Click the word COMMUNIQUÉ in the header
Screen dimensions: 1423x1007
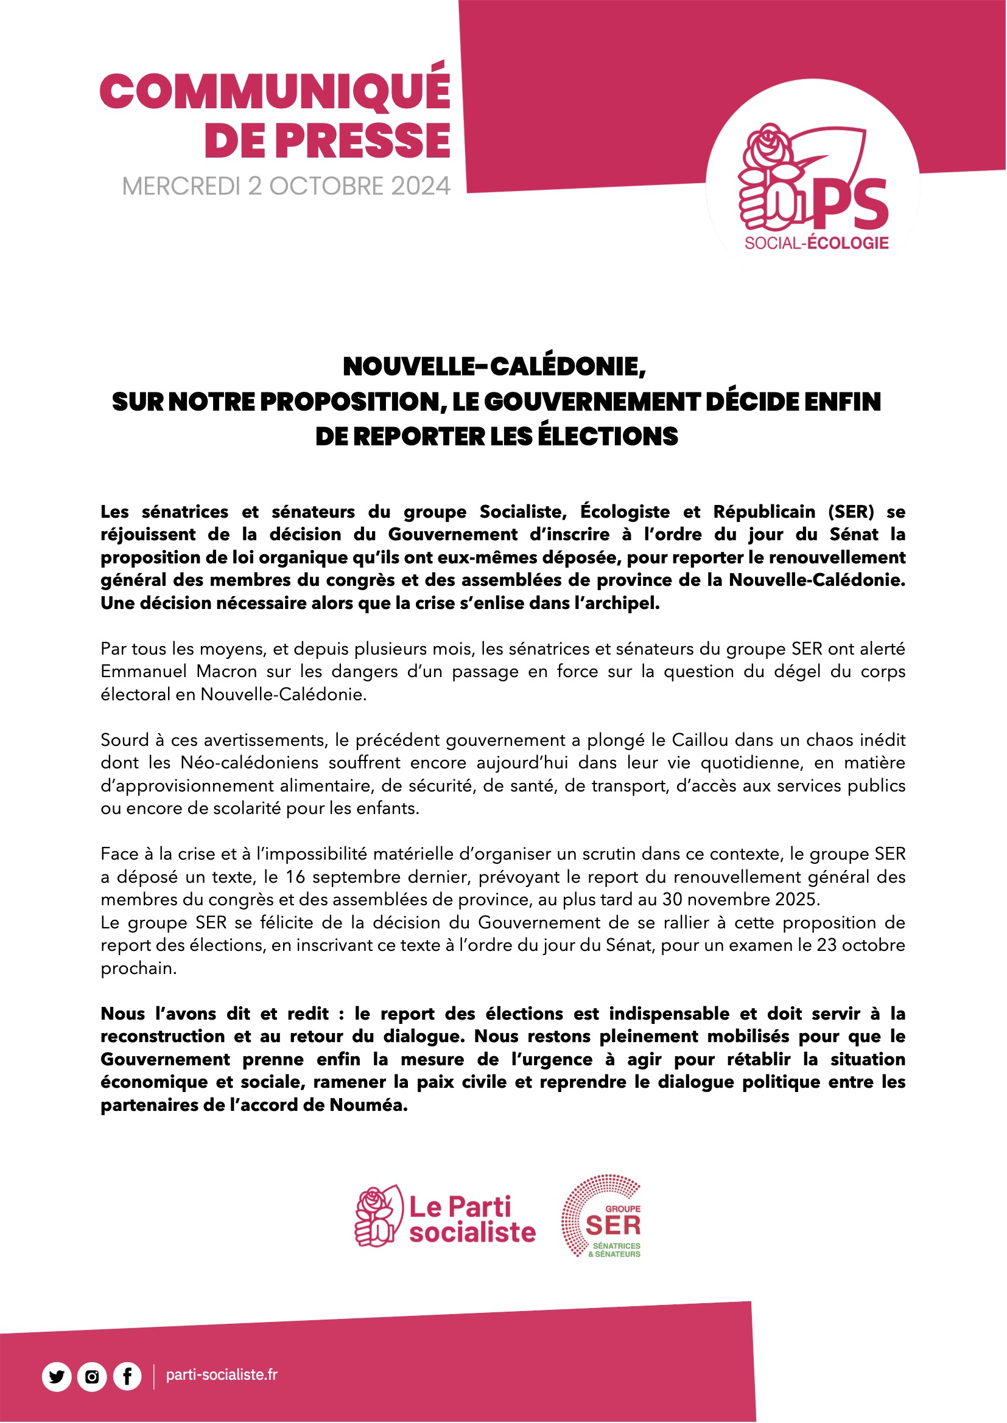pyautogui.click(x=275, y=91)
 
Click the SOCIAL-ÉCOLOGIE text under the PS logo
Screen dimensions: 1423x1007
pyautogui.click(x=816, y=243)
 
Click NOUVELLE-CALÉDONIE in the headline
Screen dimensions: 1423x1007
pyautogui.click(x=494, y=366)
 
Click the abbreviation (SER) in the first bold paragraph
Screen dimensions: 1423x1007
pyautogui.click(x=851, y=512)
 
